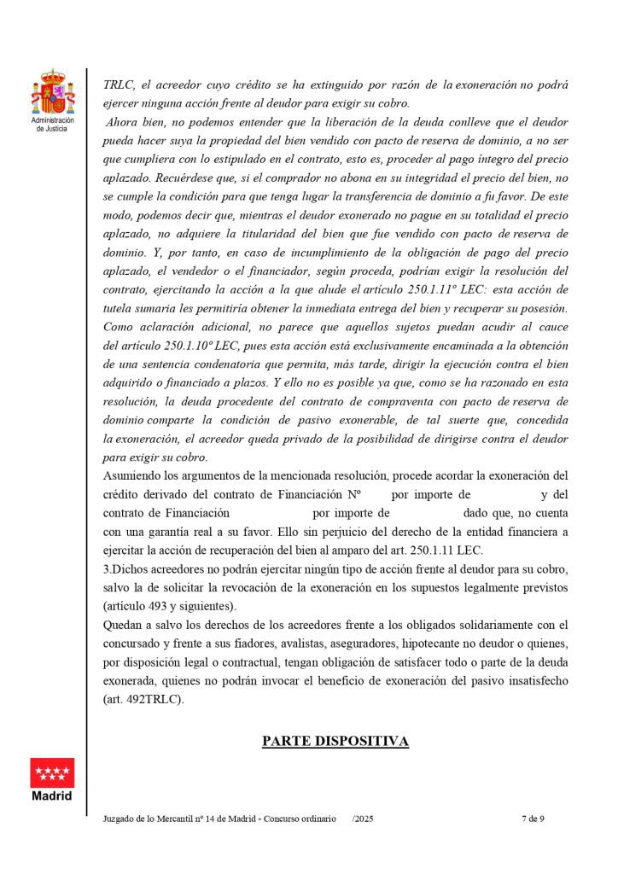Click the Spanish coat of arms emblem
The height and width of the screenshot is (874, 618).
pyautogui.click(x=52, y=94)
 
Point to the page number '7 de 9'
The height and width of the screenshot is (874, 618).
pyautogui.click(x=533, y=819)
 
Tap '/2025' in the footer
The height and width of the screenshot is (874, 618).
pyautogui.click(x=363, y=819)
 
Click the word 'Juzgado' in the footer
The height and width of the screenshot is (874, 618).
pyautogui.click(x=119, y=819)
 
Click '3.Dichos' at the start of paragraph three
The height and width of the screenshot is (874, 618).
pyautogui.click(x=125, y=568)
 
